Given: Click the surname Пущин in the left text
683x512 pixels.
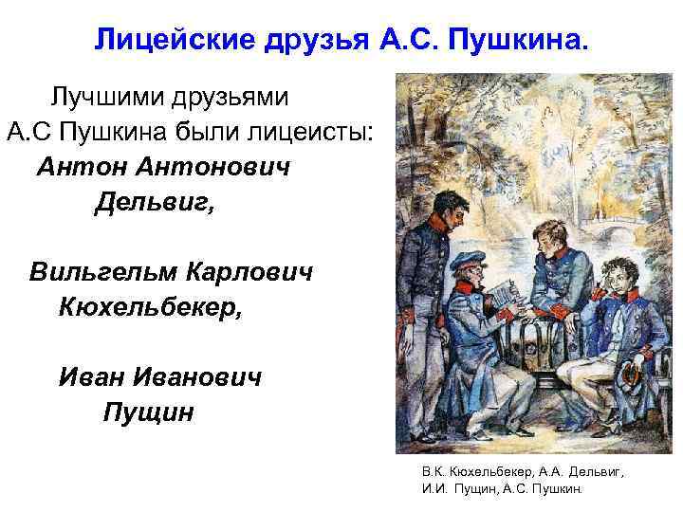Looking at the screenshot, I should point(147,412).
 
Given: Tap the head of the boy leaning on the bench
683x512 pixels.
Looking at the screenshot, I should point(547,216).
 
